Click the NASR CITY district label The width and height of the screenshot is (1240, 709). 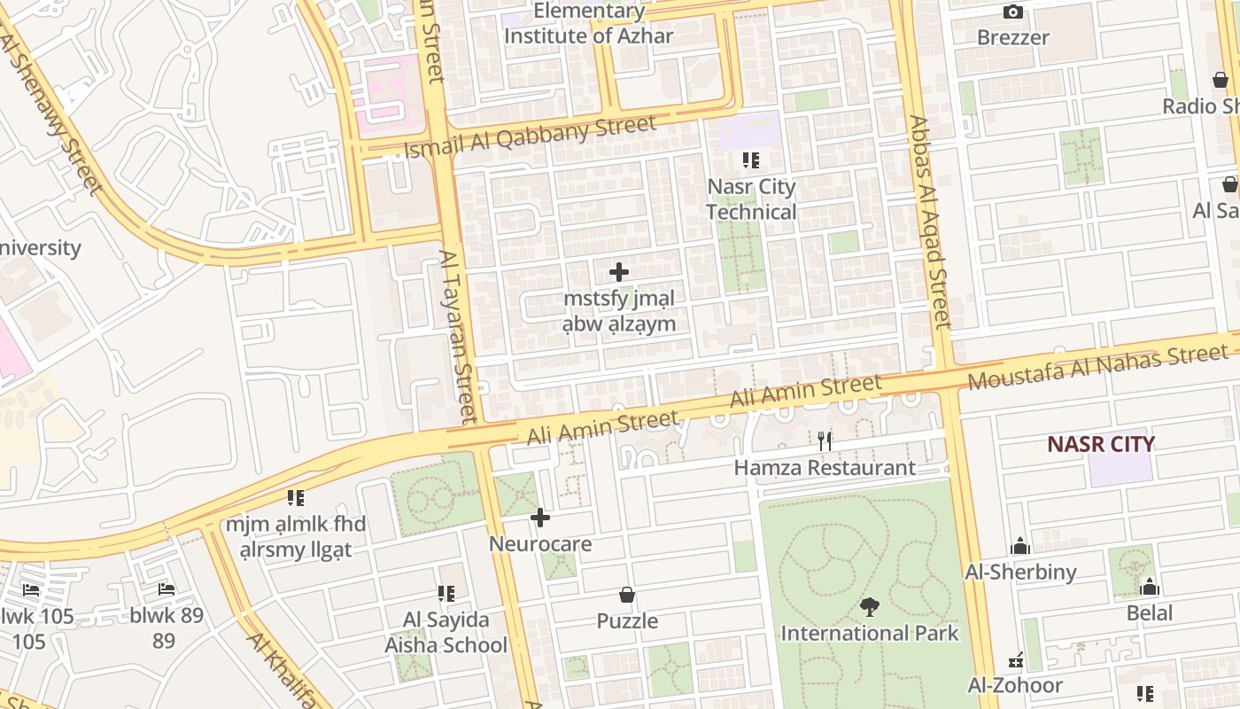pos(1101,444)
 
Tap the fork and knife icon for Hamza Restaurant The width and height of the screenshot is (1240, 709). pos(825,440)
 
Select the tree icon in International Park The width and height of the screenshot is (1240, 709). pos(869,607)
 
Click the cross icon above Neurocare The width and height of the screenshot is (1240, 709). pos(540,518)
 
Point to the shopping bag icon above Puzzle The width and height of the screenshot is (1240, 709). pos(627,595)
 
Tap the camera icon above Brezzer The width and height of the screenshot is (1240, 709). pos(1012,12)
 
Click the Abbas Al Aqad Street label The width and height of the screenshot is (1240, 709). pos(929,222)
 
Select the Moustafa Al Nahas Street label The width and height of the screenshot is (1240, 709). pos(1097,367)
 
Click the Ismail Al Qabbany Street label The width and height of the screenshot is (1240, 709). pos(530,137)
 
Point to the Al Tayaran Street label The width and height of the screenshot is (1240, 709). pos(458,336)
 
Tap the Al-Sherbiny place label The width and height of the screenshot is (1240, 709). pos(1021,572)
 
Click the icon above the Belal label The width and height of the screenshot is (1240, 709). pos(1150,587)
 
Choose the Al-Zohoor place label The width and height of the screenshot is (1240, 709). pos(1015,685)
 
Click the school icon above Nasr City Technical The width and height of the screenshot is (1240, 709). pos(751,160)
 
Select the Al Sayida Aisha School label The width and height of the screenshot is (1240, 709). pos(446,632)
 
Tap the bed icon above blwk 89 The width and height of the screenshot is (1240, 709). pos(166,589)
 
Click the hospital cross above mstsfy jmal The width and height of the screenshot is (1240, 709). pos(619,272)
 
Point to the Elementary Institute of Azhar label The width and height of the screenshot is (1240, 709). pos(589,24)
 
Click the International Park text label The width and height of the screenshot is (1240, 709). pos(869,633)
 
